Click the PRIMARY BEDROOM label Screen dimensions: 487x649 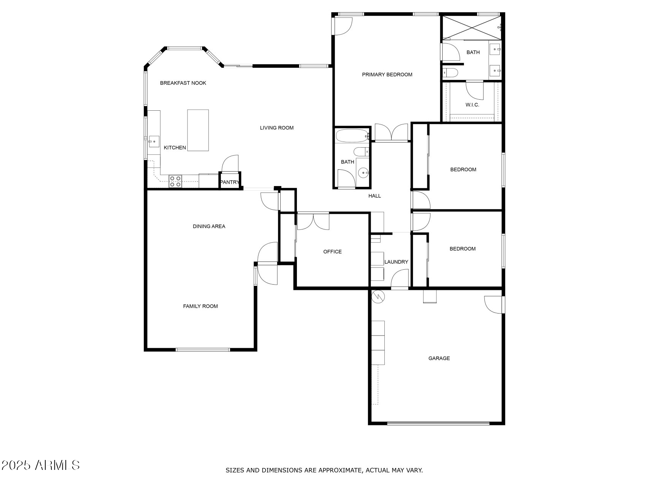[x=387, y=75]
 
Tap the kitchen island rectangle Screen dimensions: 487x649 [x=198, y=130]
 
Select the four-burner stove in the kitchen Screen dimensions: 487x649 [x=175, y=181]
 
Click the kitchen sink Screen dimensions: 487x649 [x=154, y=141]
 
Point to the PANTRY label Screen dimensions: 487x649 [x=230, y=182]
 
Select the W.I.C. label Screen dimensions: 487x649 [x=472, y=105]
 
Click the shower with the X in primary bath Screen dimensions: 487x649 [x=471, y=27]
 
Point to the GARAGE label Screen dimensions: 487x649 [x=439, y=358]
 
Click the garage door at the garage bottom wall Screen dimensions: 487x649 [x=438, y=423]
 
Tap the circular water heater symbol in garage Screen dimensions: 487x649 [x=379, y=296]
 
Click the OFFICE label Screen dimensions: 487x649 [x=332, y=252]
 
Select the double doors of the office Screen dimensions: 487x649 [x=313, y=222]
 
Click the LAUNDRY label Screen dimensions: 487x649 [x=396, y=262]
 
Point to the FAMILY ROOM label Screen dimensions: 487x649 [x=200, y=306]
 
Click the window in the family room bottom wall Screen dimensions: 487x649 [x=203, y=349]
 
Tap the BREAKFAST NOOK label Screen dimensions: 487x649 [x=183, y=83]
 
